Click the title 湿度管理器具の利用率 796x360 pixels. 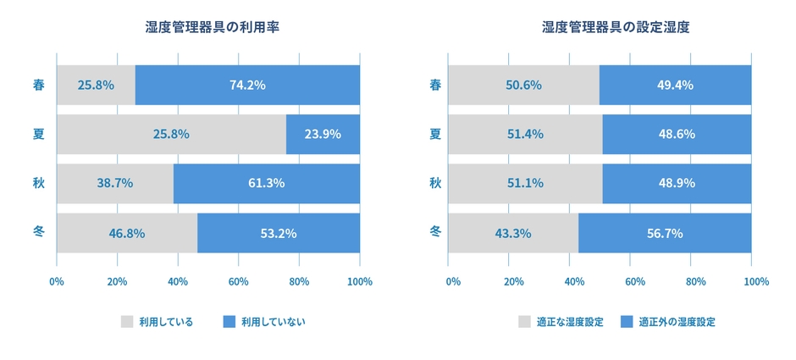212,27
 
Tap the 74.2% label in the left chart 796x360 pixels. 247,85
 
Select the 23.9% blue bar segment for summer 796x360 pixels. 323,134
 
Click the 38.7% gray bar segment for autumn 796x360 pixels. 114,183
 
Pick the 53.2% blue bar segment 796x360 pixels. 279,233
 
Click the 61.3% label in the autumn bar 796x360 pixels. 267,183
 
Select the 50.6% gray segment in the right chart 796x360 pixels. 522,85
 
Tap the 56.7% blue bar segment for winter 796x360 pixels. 665,233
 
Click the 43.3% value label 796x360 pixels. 512,233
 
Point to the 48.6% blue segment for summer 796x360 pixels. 676,134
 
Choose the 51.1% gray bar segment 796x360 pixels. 524,183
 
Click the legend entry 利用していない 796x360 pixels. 273,322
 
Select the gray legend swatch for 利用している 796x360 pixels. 127,322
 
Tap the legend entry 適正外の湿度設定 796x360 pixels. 677,322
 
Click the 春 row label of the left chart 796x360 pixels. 36,85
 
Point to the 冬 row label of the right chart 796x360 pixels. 435,232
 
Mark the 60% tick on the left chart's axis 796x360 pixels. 238,281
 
